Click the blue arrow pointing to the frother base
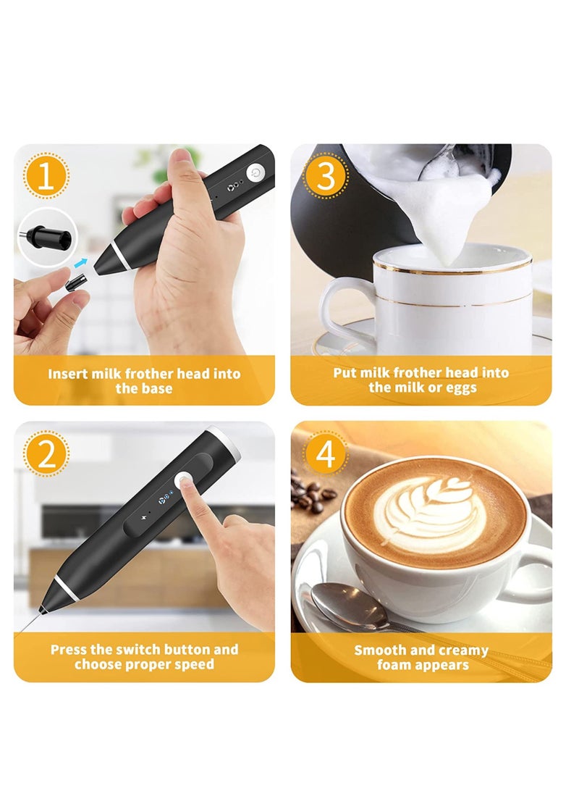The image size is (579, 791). pyautogui.click(x=80, y=264)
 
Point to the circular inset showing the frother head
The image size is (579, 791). pyautogui.click(x=48, y=236)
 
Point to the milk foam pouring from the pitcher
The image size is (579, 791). pyautogui.click(x=442, y=210)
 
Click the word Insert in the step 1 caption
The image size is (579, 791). pyautogui.click(x=69, y=374)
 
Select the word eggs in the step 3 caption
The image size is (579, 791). pyautogui.click(x=461, y=388)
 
